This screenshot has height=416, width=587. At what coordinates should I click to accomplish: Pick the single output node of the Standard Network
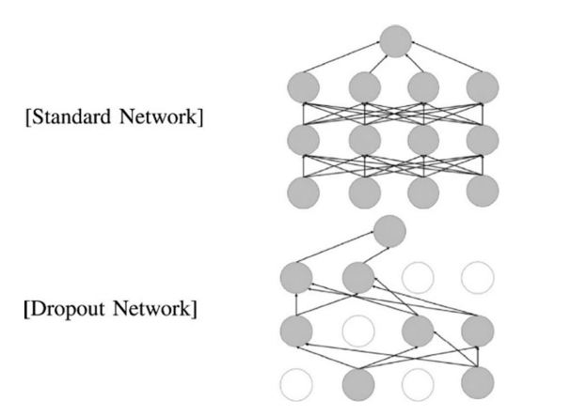click(395, 41)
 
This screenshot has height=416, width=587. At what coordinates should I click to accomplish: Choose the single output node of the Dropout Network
click(389, 230)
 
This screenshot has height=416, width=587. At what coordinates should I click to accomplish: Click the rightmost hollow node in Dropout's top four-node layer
click(477, 278)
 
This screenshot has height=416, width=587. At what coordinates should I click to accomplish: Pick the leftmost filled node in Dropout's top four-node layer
click(297, 278)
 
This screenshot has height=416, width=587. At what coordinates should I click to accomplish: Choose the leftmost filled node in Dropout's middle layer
click(297, 331)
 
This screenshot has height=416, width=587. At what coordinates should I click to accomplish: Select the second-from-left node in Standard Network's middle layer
click(364, 141)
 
